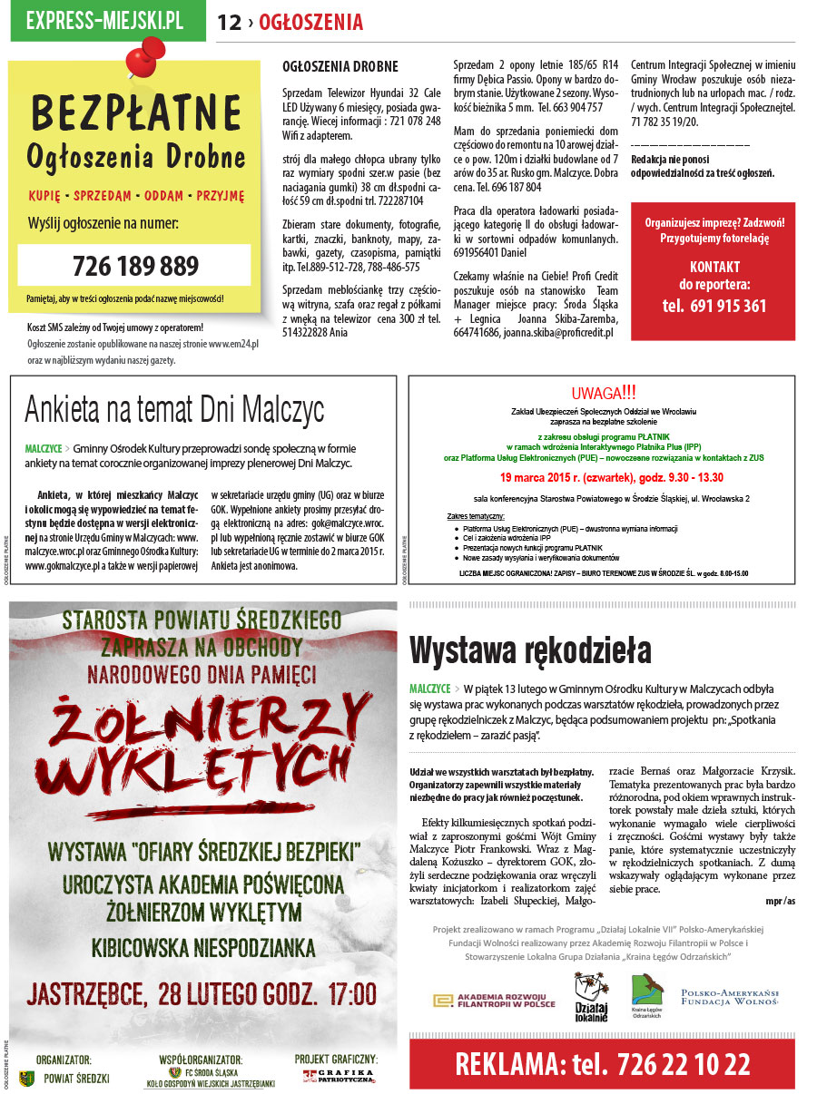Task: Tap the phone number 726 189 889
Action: (x=135, y=266)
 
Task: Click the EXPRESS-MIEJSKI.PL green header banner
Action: (x=105, y=21)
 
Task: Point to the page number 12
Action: (x=229, y=23)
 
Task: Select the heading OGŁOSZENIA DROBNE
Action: (x=340, y=67)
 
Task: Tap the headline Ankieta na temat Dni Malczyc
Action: (x=174, y=409)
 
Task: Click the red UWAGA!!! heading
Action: (x=604, y=394)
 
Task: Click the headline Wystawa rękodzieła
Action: (x=530, y=650)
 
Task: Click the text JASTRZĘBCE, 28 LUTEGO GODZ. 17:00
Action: (x=202, y=993)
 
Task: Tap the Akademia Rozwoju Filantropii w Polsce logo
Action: (x=495, y=1000)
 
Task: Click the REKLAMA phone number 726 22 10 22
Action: (x=602, y=1063)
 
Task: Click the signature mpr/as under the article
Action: (x=779, y=901)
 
